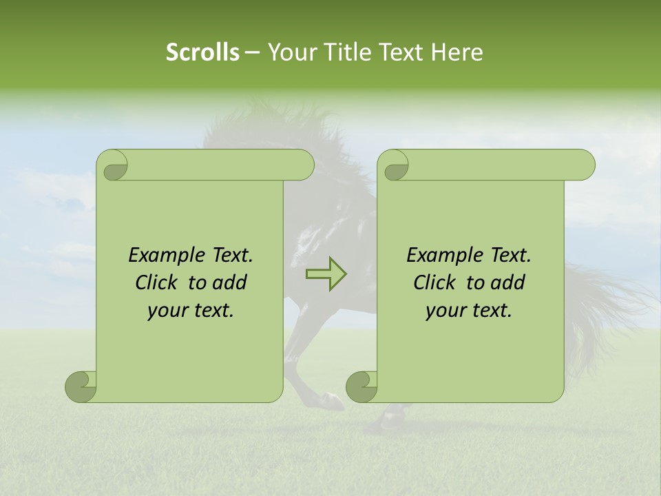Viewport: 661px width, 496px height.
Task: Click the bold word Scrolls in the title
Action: pos(202,52)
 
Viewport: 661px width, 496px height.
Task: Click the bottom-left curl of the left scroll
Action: pos(81,387)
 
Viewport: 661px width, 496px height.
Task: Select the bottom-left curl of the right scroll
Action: pos(361,387)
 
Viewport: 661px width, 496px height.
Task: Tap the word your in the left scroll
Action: pos(167,311)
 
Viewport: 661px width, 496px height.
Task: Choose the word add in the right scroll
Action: pos(507,282)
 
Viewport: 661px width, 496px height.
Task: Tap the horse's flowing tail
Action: pos(606,303)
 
